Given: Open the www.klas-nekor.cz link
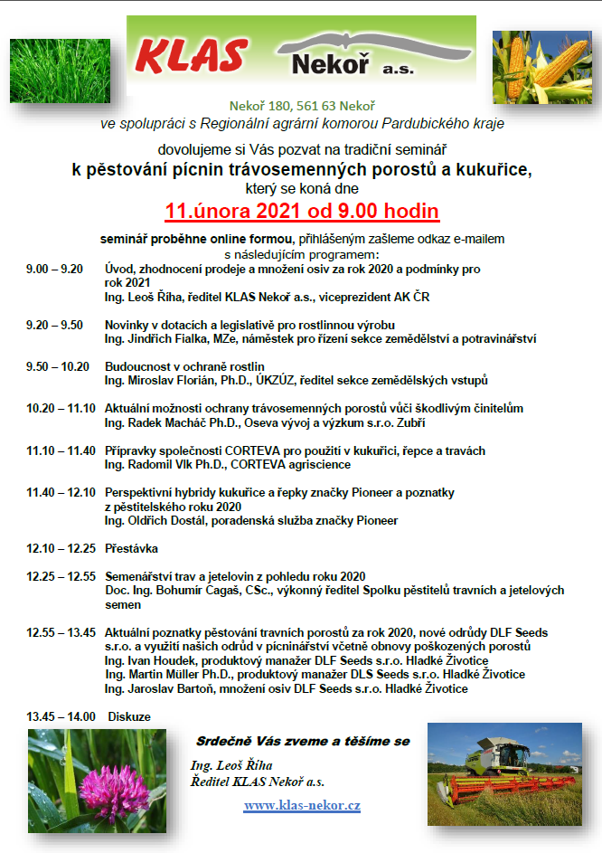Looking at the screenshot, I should click(x=302, y=805).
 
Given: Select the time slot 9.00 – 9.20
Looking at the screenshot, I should click(x=55, y=270).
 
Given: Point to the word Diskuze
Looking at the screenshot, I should click(x=128, y=716).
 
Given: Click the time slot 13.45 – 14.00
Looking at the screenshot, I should click(x=61, y=716).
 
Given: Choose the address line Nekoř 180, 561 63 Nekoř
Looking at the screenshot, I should click(x=301, y=107).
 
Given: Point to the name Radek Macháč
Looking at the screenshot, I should click(x=162, y=422).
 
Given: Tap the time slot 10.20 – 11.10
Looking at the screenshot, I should click(x=61, y=409).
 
